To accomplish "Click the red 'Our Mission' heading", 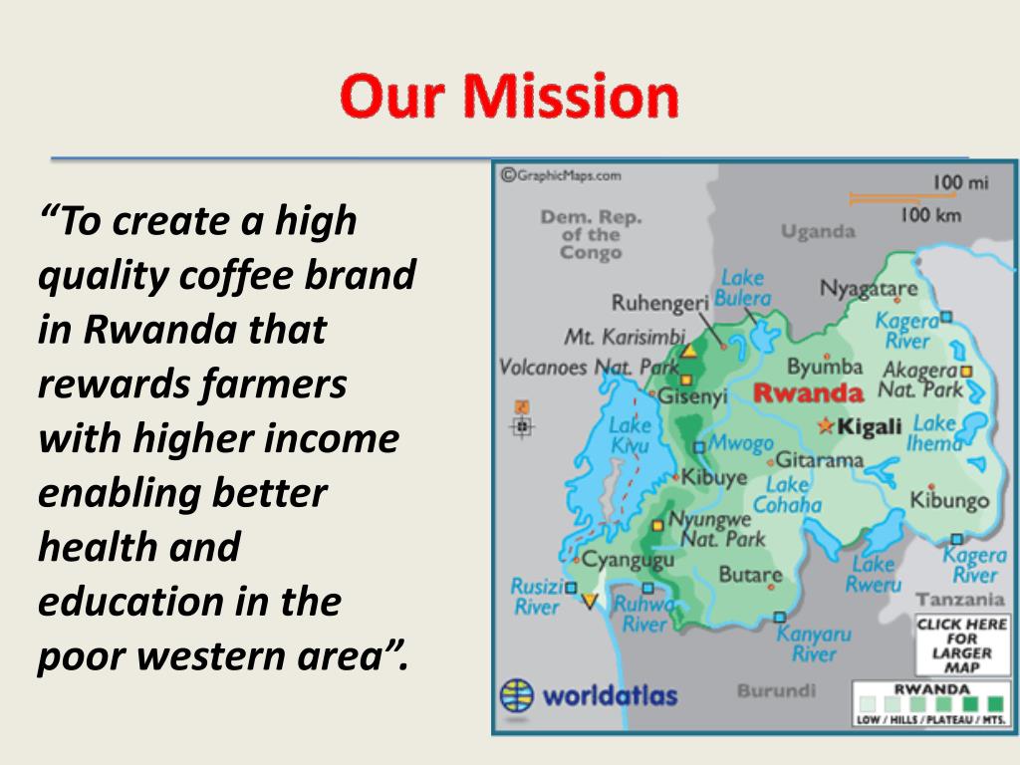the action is tap(509, 97).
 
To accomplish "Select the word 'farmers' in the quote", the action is tap(273, 383).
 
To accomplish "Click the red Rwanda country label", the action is tap(809, 392).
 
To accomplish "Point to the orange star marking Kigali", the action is tap(826, 426).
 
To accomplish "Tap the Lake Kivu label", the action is tap(630, 434).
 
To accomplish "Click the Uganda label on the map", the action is tap(819, 231).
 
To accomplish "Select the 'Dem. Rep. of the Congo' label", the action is tap(591, 235).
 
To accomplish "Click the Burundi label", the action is tap(777, 690).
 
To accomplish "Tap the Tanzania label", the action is tap(959, 599).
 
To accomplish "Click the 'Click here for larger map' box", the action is tap(962, 645).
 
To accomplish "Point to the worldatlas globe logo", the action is tap(517, 696).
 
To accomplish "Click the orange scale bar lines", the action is tap(893, 198).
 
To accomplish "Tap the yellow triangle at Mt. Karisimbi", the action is tap(689, 352).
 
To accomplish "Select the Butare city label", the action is tap(750, 574).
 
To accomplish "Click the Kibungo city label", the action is tap(949, 500).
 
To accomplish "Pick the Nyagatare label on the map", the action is tap(869, 288).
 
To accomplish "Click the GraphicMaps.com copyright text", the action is tap(561, 175).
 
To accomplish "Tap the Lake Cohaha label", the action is tap(787, 494).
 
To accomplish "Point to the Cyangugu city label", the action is tap(628, 560).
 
